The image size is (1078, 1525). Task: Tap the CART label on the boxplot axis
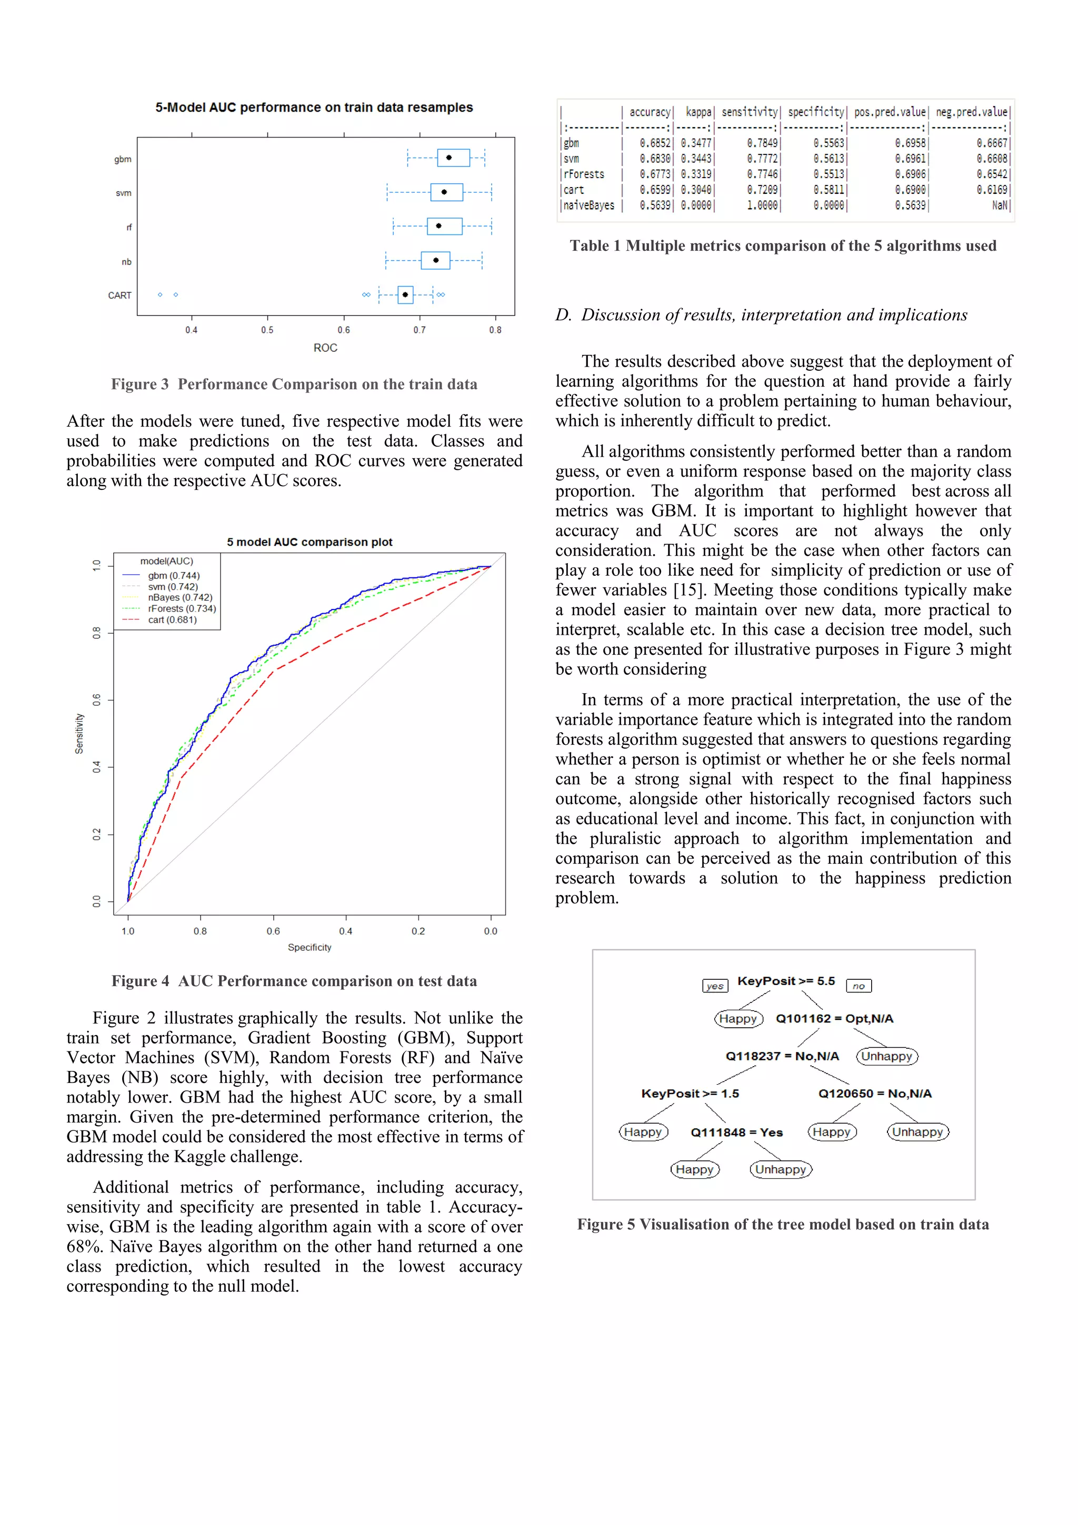coord(119,296)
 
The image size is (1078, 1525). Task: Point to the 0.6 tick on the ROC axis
coord(343,330)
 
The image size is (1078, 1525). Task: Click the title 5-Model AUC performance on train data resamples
coord(314,107)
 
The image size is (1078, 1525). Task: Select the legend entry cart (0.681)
coord(172,619)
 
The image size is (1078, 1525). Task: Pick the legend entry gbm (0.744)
coord(173,576)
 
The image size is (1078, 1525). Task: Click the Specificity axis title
coord(310,947)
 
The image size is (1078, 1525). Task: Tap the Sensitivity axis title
coord(79,733)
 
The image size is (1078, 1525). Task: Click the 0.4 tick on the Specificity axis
coord(345,931)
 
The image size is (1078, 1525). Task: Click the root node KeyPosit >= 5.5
coord(786,981)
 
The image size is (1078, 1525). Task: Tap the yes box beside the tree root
coord(715,986)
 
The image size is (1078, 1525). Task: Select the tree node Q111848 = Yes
coord(736,1133)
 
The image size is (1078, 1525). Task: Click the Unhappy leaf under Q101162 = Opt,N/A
coord(887,1056)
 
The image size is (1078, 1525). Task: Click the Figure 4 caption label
coord(139,981)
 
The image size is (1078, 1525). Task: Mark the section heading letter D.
coord(563,315)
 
